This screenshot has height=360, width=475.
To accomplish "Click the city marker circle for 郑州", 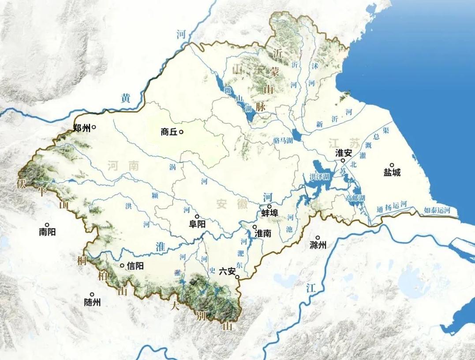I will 94,127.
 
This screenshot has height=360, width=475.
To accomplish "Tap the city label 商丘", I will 169,132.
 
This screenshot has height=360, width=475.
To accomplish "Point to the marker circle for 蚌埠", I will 269,206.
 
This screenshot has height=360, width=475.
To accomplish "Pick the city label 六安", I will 227,272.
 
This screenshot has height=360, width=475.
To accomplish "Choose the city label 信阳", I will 135,266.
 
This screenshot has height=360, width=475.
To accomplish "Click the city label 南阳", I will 47,232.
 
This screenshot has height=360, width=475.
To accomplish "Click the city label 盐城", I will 392,173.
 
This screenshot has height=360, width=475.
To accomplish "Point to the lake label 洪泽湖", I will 320,177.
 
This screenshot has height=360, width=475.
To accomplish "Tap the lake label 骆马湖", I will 283,141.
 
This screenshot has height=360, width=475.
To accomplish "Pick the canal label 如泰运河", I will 437,210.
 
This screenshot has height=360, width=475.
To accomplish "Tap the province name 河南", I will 123,166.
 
